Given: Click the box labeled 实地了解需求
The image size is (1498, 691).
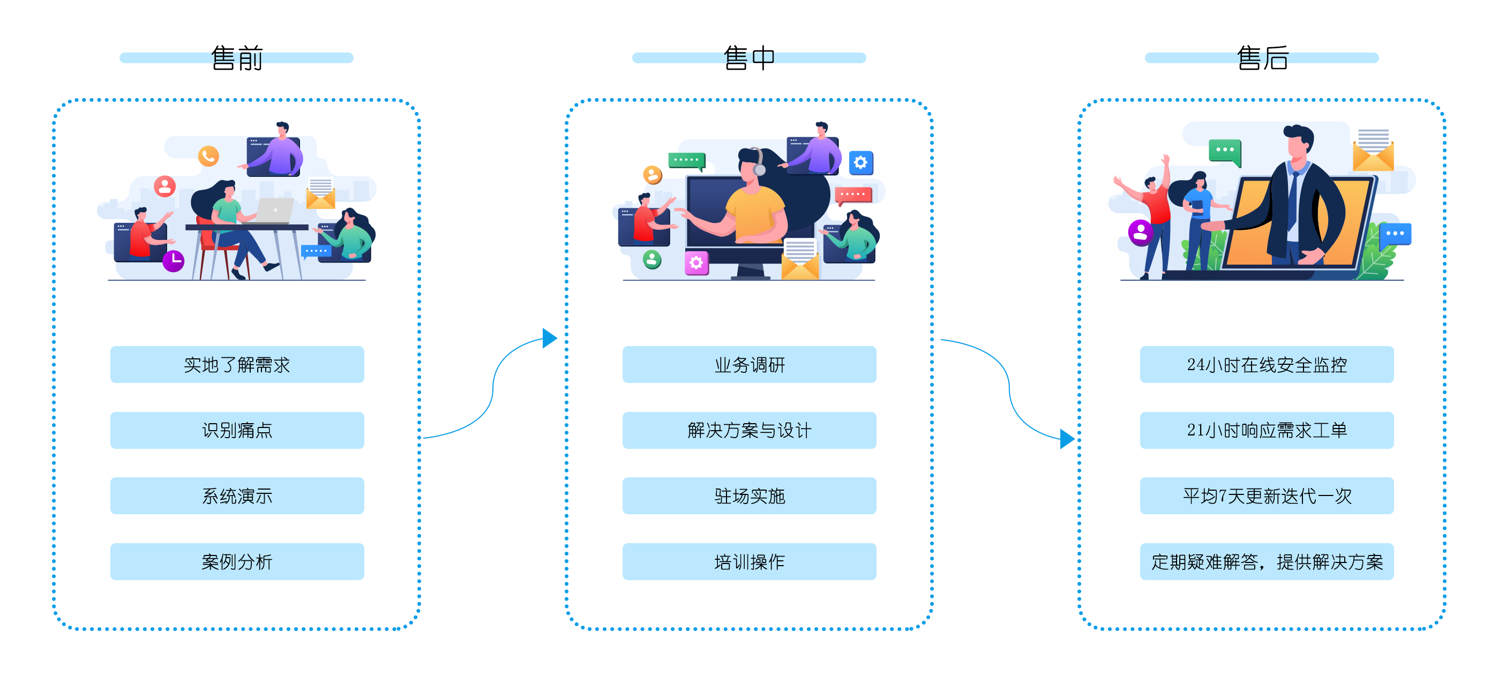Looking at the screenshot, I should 237,365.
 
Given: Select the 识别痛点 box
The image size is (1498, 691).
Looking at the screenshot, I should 237,431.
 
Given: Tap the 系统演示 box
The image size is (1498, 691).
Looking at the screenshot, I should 237,496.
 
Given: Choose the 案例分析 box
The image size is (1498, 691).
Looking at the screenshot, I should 237,562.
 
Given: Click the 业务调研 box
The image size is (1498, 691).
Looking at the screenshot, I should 749,365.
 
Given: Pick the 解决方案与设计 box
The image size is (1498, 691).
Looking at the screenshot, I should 749,431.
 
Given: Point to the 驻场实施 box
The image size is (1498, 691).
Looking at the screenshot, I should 749,496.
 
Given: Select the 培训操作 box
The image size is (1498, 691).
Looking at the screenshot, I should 749,562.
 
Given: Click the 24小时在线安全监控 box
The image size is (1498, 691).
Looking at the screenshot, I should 1267,365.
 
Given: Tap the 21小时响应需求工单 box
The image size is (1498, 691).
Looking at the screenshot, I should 1267,431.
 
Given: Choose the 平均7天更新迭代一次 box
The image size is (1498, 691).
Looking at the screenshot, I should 1267,496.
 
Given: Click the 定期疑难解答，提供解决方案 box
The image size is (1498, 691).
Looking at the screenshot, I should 1267,562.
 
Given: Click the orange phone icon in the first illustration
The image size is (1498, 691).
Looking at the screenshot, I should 208,156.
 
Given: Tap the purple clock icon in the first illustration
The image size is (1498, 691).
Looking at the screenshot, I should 173,260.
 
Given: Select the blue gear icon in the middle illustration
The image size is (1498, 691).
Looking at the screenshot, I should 860,162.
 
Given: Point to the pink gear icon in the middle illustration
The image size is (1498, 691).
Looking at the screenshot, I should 696,263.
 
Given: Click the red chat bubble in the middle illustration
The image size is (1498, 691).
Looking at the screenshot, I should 853,194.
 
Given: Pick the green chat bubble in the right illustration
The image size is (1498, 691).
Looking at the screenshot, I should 1225,150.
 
